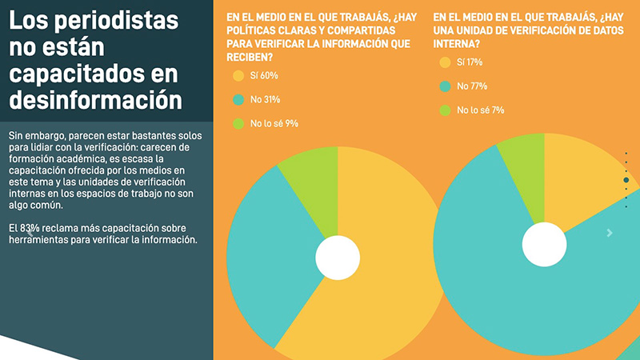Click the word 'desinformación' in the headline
click(x=96, y=101)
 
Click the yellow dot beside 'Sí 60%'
click(x=238, y=76)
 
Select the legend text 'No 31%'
click(x=266, y=100)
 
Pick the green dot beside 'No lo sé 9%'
click(x=238, y=124)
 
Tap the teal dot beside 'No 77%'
click(x=445, y=86)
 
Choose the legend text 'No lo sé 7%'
click(x=480, y=110)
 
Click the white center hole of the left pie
click(x=338, y=257)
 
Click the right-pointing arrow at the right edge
click(x=610, y=233)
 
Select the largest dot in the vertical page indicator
click(x=626, y=180)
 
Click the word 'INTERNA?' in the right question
click(x=461, y=43)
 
